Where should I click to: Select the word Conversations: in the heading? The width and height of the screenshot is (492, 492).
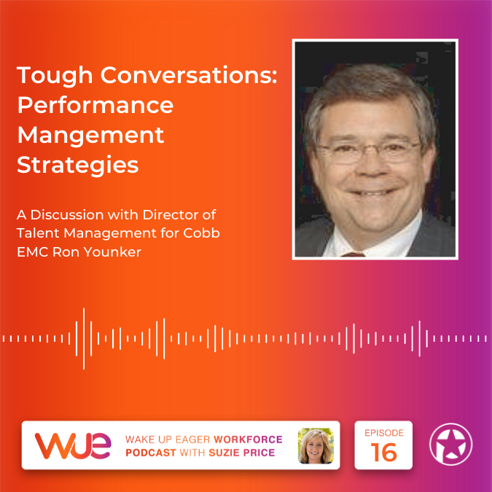(189, 75)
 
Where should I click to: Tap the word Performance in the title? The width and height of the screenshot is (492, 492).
(95, 105)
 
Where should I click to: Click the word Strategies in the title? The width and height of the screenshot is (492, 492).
(78, 165)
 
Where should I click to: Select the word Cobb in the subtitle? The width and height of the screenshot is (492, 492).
(201, 233)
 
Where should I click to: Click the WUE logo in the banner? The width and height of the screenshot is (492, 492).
(73, 445)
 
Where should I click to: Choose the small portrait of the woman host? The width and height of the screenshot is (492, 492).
(316, 445)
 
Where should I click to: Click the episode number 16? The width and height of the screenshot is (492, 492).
(383, 453)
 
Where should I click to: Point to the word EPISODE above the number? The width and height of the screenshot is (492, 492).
(384, 433)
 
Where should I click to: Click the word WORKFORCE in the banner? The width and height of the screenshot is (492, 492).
(248, 440)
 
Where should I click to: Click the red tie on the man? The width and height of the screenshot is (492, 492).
(353, 254)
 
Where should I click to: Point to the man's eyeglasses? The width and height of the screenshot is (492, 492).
(369, 152)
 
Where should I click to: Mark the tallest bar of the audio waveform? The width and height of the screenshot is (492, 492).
(84, 339)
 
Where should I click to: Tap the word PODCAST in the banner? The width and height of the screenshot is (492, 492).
(151, 453)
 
